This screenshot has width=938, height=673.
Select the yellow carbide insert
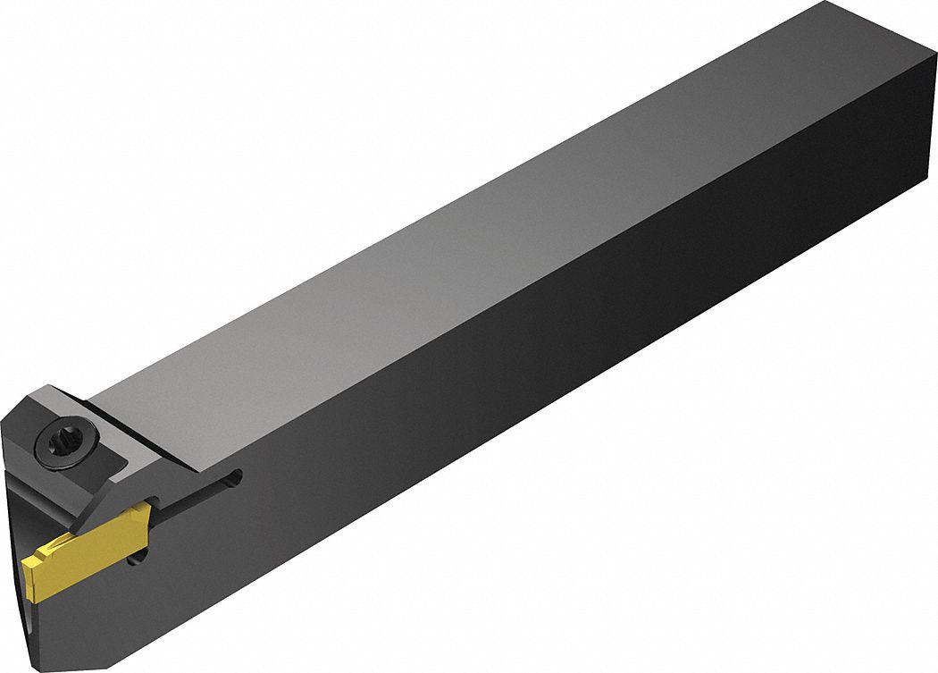71,551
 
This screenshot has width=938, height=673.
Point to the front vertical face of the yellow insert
24,573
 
